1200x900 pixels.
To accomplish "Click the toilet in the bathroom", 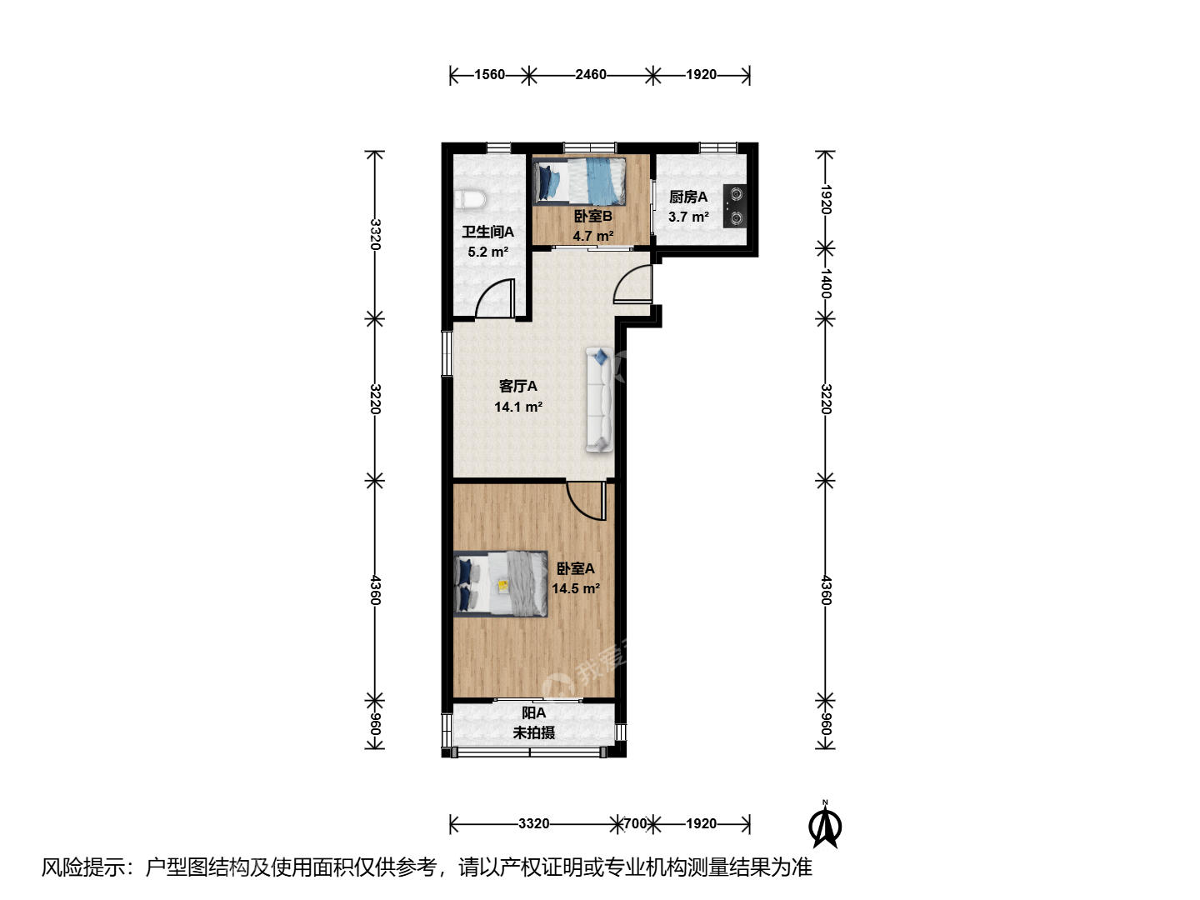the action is click(470, 199).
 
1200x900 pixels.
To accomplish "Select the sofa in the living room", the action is click(600, 399).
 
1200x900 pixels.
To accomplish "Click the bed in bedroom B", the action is click(579, 181).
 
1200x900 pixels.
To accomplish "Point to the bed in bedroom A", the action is click(501, 583).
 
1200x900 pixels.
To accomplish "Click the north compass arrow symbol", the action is click(825, 825).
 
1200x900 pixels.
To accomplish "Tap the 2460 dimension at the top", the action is click(591, 74).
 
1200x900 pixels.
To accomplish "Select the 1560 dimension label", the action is click(489, 74).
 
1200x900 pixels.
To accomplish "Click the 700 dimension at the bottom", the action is click(635, 823).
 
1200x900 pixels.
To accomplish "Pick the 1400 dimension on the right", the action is click(826, 283).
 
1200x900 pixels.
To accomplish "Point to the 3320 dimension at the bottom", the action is click(533, 823).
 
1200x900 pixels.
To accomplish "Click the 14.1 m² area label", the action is click(518, 407).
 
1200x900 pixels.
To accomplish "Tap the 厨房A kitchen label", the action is click(688, 197).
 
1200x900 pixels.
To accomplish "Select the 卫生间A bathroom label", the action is click(487, 232).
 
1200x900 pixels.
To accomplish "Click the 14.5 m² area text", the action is click(576, 588).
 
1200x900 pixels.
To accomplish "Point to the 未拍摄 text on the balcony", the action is click(533, 732).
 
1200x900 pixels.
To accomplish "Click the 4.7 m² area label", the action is click(592, 236).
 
